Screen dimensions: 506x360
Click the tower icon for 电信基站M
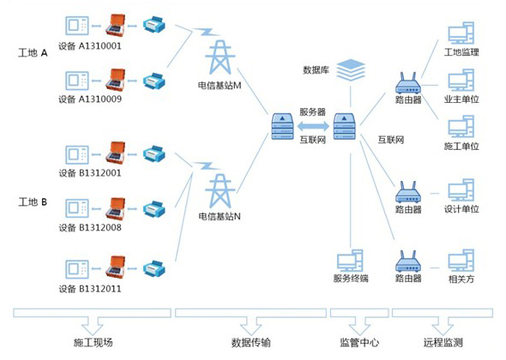pos(220,57)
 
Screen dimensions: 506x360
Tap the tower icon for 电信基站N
pos(220,191)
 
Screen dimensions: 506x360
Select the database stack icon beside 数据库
pos(351,69)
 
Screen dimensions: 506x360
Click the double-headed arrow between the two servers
pos(313,127)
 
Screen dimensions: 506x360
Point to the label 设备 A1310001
pos(90,46)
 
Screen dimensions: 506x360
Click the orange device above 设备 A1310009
pos(115,80)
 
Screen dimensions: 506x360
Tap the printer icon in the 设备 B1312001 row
pos(154,154)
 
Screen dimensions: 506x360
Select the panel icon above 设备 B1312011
pos(77,269)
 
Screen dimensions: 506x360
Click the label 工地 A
pos(33,53)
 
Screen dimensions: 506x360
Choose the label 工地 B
pos(33,202)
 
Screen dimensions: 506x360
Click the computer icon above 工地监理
pos(461,33)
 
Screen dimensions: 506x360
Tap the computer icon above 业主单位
pos(461,80)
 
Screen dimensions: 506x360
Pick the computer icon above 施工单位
pos(461,127)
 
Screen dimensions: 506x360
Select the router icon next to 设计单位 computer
pos(408,192)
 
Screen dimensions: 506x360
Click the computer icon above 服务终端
pos(350,261)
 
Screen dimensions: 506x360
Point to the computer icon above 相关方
pos(461,260)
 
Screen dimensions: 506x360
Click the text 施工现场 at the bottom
pos(93,342)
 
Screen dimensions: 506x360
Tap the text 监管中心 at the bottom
pos(359,342)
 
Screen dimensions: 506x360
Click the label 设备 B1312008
pos(90,228)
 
